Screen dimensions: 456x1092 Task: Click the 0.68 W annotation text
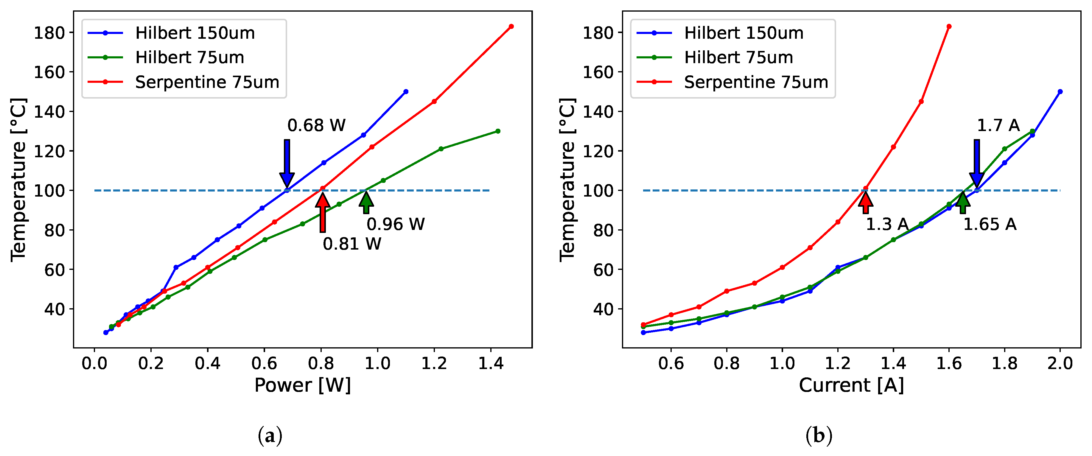316,125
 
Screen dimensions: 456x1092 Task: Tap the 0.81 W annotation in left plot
351,244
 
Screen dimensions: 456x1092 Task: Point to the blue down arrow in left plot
287,163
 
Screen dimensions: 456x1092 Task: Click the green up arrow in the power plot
366,202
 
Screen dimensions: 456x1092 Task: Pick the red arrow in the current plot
865,202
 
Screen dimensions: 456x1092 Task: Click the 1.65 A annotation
990,225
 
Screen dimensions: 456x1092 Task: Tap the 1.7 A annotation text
998,125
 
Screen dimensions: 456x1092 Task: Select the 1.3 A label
887,225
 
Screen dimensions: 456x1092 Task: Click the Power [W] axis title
302,385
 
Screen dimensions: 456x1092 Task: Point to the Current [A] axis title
851,385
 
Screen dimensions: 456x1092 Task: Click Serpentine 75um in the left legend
207,82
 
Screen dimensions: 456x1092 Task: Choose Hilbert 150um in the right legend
743,33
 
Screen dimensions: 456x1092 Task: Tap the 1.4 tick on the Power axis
491,363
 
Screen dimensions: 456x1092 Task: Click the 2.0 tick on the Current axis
1060,363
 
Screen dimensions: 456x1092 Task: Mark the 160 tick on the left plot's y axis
49,72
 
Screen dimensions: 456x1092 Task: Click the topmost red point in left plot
511,26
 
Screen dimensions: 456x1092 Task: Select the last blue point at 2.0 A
1060,91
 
